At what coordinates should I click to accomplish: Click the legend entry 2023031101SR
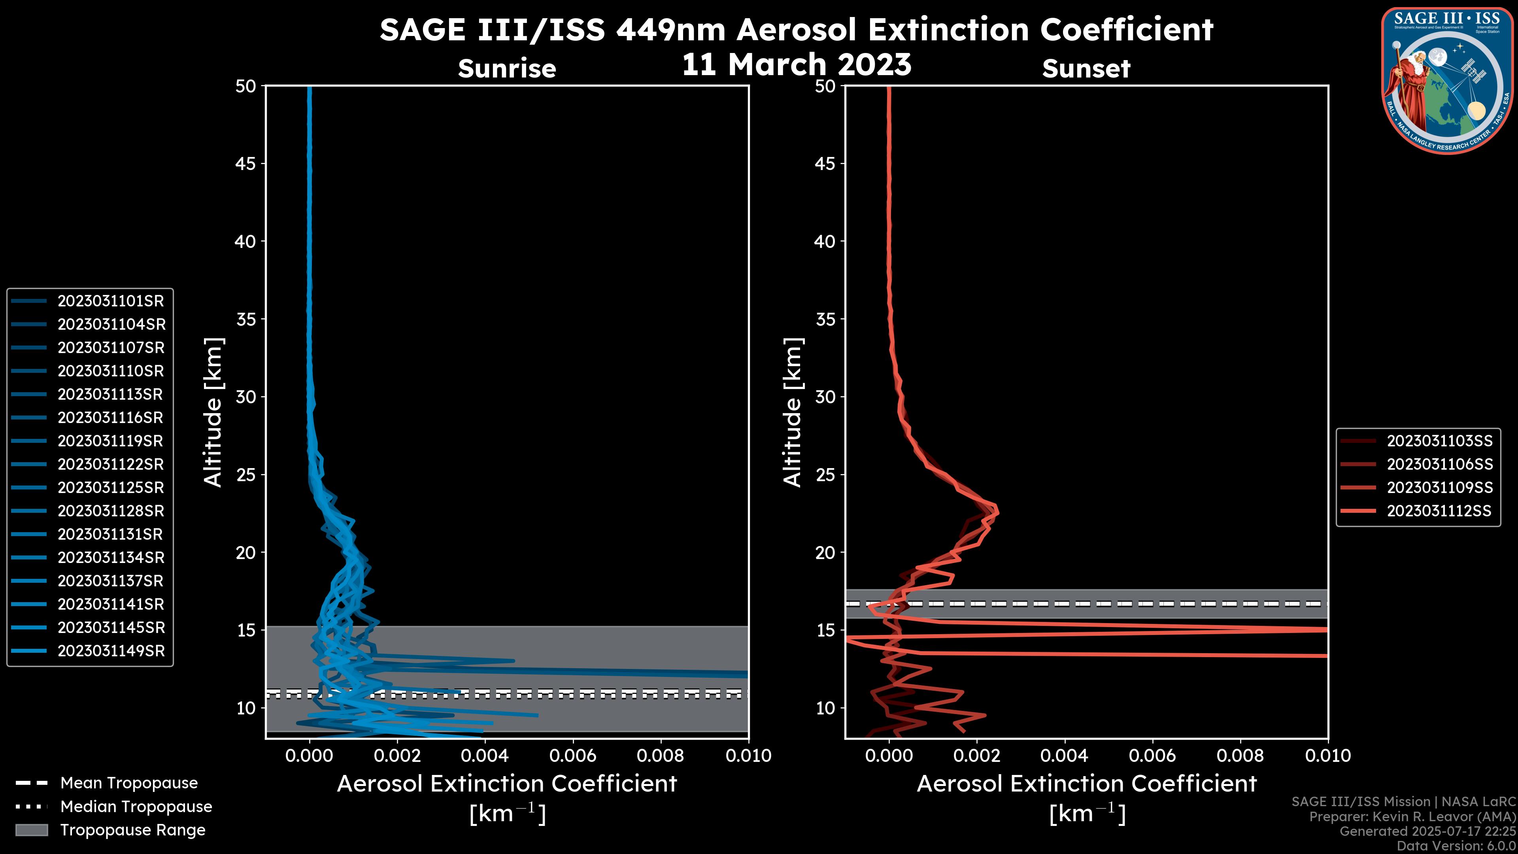pyautogui.click(x=110, y=301)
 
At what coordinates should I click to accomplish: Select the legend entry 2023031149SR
pyautogui.click(x=111, y=651)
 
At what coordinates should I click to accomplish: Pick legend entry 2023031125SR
pyautogui.click(x=110, y=488)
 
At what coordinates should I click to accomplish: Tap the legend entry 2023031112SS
pyautogui.click(x=1439, y=511)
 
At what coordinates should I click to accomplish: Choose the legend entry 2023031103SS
pyautogui.click(x=1439, y=441)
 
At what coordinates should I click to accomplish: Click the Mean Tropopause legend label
pyautogui.click(x=129, y=783)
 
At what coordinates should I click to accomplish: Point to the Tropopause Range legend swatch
pyautogui.click(x=32, y=830)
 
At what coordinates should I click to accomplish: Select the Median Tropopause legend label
pyautogui.click(x=136, y=807)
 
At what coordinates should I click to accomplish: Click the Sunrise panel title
pyautogui.click(x=507, y=68)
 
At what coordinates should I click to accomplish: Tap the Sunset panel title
pyautogui.click(x=1086, y=68)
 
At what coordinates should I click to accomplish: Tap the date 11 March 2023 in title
pyautogui.click(x=796, y=65)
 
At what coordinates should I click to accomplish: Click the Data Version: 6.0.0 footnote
pyautogui.click(x=1457, y=846)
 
